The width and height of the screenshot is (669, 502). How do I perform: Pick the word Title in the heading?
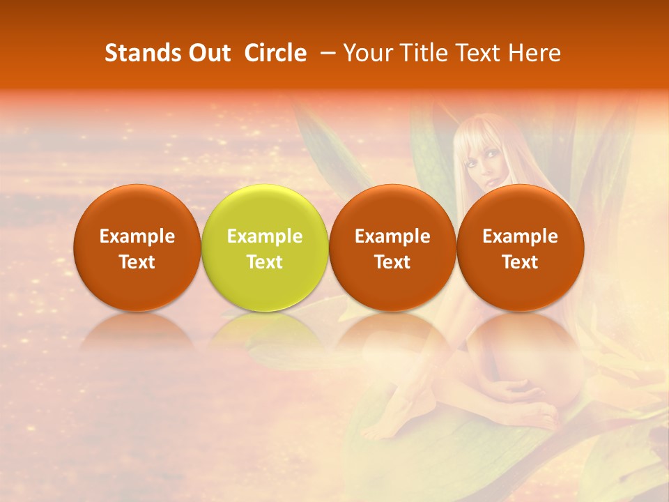tap(422, 53)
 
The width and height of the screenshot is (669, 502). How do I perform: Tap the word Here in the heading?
tap(535, 53)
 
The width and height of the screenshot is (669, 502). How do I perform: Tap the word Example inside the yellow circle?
tap(265, 236)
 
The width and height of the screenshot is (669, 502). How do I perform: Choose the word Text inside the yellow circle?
tap(265, 262)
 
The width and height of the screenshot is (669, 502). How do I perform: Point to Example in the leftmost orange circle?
tap(137, 236)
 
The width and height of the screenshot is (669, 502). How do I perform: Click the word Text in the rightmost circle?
tap(520, 262)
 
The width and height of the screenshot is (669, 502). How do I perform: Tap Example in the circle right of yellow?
tap(392, 236)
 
